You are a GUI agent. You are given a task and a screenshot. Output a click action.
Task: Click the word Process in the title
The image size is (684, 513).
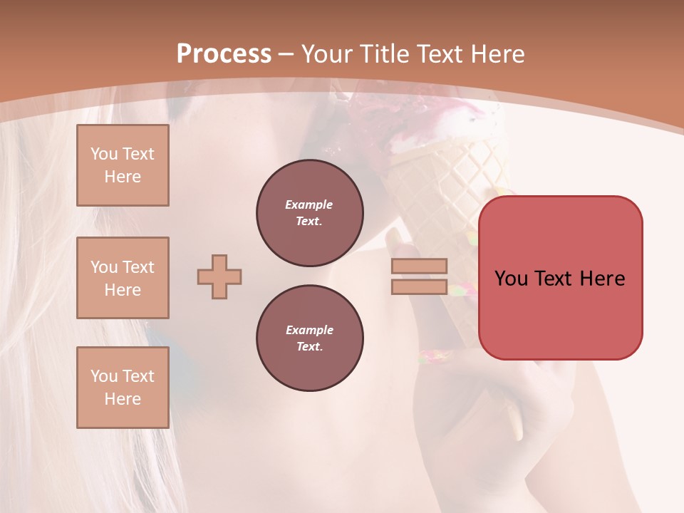pos(224,54)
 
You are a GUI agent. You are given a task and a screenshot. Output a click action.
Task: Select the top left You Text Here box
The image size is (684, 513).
pos(123,165)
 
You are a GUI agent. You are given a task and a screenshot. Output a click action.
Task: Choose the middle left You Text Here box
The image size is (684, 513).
pos(123,278)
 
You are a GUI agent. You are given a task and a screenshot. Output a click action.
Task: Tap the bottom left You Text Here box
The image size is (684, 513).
pos(123,388)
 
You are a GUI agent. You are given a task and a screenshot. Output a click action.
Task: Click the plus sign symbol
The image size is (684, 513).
pos(219,276)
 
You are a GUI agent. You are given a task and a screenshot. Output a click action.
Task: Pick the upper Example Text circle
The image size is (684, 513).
pos(309,213)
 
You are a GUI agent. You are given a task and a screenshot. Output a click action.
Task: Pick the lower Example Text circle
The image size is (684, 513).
pos(309,338)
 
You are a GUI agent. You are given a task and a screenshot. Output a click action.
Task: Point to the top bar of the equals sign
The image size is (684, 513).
pos(420,266)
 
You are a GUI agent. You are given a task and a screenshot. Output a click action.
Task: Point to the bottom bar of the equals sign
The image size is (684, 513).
pos(420,287)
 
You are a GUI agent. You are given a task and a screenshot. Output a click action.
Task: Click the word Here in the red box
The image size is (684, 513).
pos(602,279)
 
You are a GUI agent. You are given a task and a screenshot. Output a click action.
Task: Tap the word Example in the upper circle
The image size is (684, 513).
pos(309,204)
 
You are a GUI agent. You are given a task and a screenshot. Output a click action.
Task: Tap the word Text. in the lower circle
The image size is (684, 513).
pos(309,346)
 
